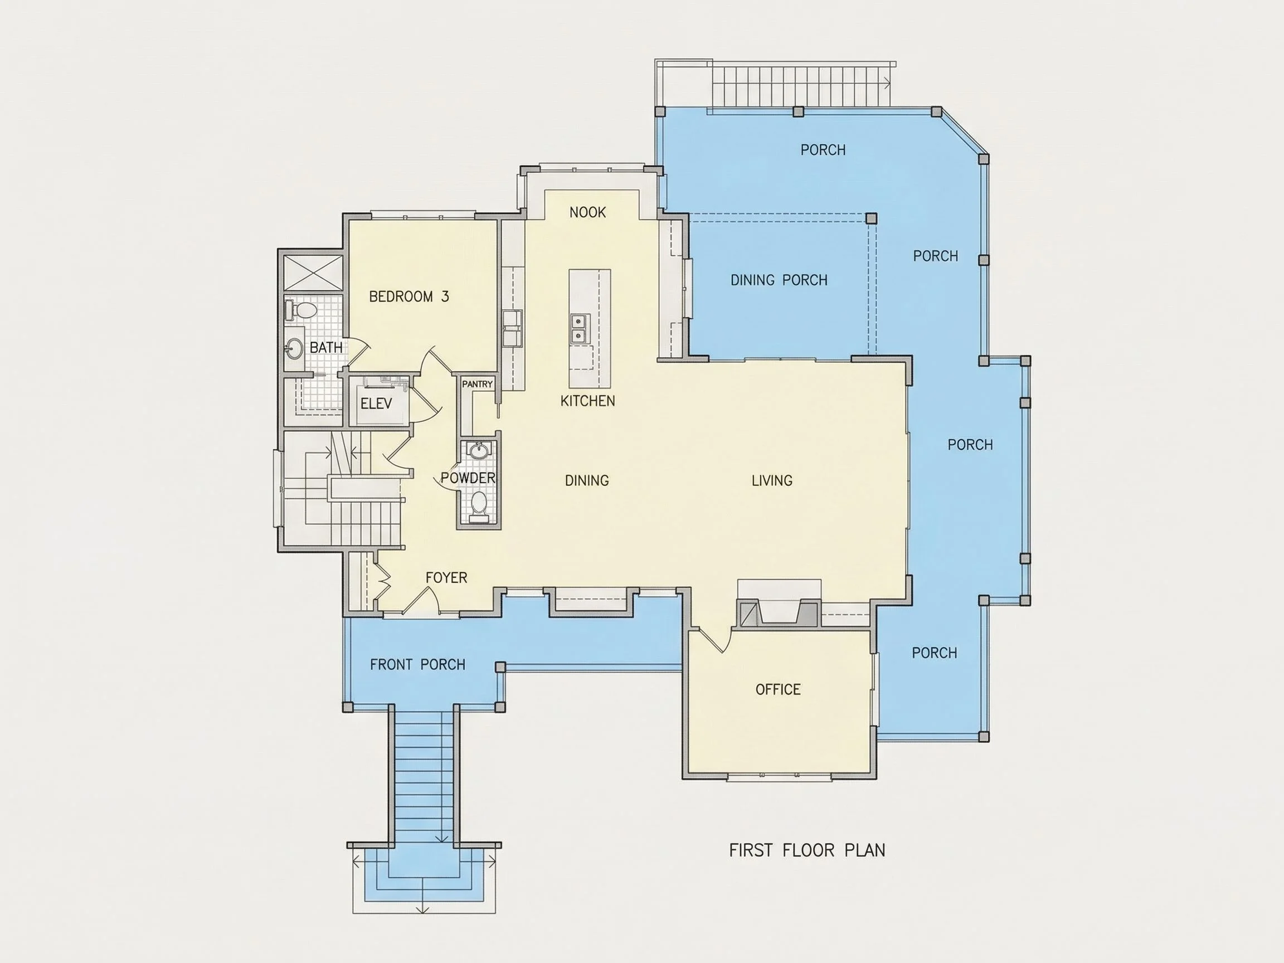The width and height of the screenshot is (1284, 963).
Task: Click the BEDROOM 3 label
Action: pos(408,296)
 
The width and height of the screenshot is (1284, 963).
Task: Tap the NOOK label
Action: pos(587,212)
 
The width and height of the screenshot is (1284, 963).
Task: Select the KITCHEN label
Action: pos(587,401)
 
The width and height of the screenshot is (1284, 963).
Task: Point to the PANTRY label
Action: pos(477,385)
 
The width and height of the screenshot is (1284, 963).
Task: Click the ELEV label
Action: pos(376,403)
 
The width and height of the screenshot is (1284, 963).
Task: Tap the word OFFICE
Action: pos(778,689)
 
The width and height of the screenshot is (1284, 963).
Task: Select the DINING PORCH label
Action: pos(779,280)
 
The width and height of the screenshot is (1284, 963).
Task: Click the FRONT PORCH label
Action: pos(417,665)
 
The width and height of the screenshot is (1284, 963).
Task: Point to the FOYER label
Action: pos(446,577)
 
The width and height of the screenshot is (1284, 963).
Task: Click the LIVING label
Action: pos(771,480)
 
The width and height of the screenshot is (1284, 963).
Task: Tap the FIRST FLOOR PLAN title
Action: pos(807,850)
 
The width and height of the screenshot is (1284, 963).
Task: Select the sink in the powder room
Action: pos(479,450)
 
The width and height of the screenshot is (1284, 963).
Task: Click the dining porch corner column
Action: pos(870,218)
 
